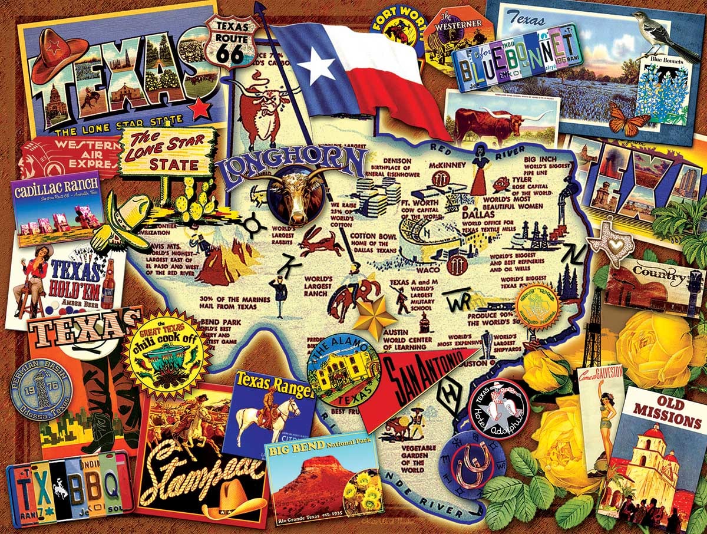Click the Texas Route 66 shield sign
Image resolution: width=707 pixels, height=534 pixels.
coord(232,41)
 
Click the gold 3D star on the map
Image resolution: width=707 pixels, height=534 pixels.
coord(374,317)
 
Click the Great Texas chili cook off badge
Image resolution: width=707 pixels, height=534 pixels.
coord(167,354)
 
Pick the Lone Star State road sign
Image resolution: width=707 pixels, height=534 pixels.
coord(166,152)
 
